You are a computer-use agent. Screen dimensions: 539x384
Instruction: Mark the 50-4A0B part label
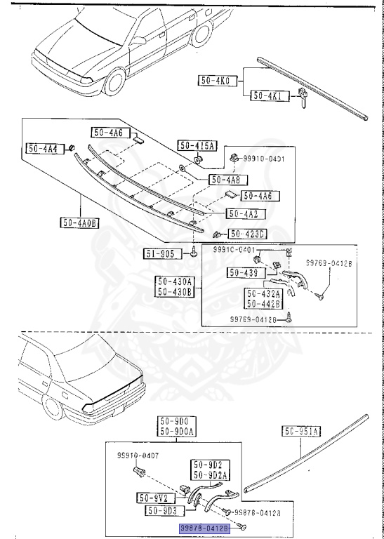[x=79, y=223]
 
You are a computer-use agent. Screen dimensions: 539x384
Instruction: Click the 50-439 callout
[x=242, y=272]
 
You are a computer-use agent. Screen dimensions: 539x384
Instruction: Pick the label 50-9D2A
[x=207, y=475]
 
